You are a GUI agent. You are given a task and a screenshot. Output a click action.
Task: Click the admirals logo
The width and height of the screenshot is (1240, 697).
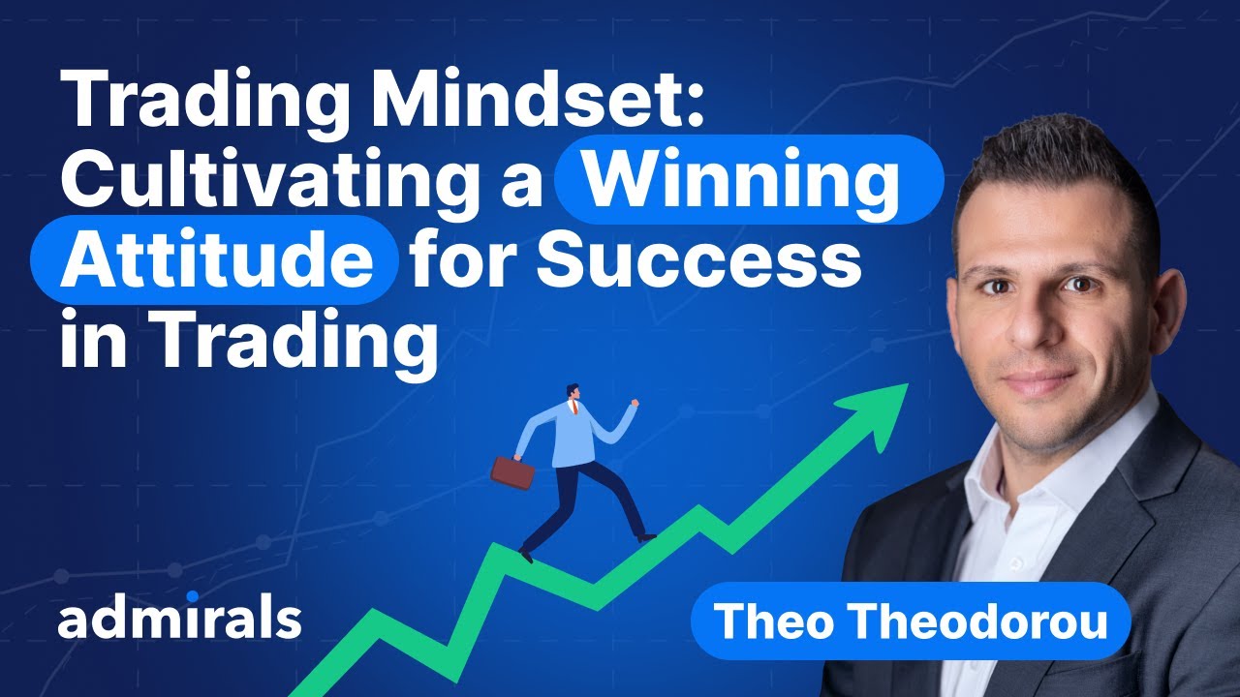pyautogui.click(x=179, y=620)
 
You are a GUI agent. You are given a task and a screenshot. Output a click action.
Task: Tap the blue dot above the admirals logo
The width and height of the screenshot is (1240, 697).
pyautogui.click(x=192, y=596)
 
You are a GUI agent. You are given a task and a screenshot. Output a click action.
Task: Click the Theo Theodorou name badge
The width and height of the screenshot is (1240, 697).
pyautogui.click(x=911, y=621)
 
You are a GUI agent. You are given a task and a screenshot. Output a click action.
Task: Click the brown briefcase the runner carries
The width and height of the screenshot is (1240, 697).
pyautogui.click(x=512, y=471)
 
